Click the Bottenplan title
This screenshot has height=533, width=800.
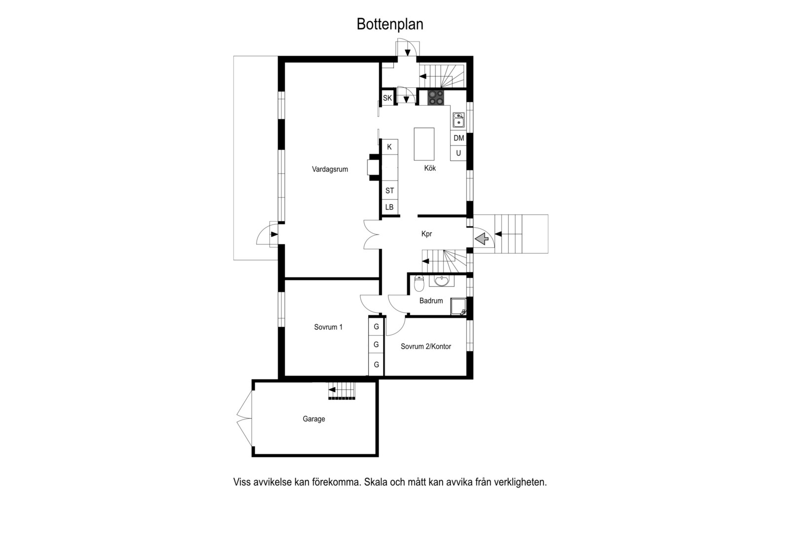click(390, 24)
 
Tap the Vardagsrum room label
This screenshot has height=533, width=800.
click(330, 169)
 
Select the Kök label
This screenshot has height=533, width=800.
click(430, 168)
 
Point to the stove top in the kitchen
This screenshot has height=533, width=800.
click(436, 98)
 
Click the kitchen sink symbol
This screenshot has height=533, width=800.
click(458, 120)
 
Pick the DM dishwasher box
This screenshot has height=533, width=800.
click(458, 138)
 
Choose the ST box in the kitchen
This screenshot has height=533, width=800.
click(390, 191)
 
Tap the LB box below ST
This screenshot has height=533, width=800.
click(390, 207)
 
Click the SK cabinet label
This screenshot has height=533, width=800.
click(387, 98)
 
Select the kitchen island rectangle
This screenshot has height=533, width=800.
click(424, 144)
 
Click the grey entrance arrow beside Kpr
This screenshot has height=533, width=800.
click(482, 238)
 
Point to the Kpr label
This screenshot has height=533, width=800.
click(427, 234)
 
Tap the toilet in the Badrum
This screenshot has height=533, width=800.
click(419, 283)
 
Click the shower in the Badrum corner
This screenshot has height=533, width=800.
click(458, 306)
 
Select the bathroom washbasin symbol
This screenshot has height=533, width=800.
click(442, 281)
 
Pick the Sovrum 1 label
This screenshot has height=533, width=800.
click(328, 327)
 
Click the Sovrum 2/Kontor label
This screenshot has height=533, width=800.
click(426, 346)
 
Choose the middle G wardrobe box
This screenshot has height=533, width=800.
click(376, 345)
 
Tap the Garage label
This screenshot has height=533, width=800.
click(314, 419)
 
